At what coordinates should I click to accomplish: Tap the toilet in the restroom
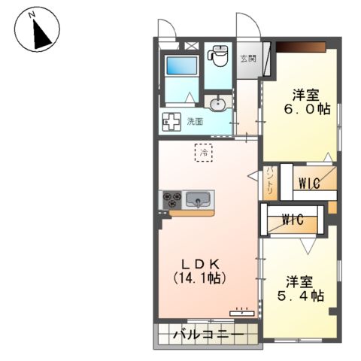pyautogui.click(x=219, y=56)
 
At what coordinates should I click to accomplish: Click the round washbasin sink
pyautogui.click(x=218, y=103)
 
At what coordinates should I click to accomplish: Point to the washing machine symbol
pyautogui.click(x=171, y=120)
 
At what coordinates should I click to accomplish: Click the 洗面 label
pyautogui.click(x=196, y=120)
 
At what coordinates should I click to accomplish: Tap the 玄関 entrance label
pyautogui.click(x=247, y=58)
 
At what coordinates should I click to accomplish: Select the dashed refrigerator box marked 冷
pyautogui.click(x=203, y=152)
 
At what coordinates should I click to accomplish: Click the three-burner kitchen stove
pyautogui.click(x=171, y=199)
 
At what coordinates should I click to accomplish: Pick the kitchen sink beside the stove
pyautogui.click(x=197, y=199)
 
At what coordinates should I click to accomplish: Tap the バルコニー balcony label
pyautogui.click(x=207, y=334)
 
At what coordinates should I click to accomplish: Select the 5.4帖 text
pyautogui.click(x=300, y=296)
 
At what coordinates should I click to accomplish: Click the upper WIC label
pyautogui.click(x=310, y=182)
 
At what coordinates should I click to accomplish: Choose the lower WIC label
pyautogui.click(x=292, y=220)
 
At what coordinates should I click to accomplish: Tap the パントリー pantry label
pyautogui.click(x=270, y=180)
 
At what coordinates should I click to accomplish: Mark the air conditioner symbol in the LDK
pyautogui.click(x=241, y=309)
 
